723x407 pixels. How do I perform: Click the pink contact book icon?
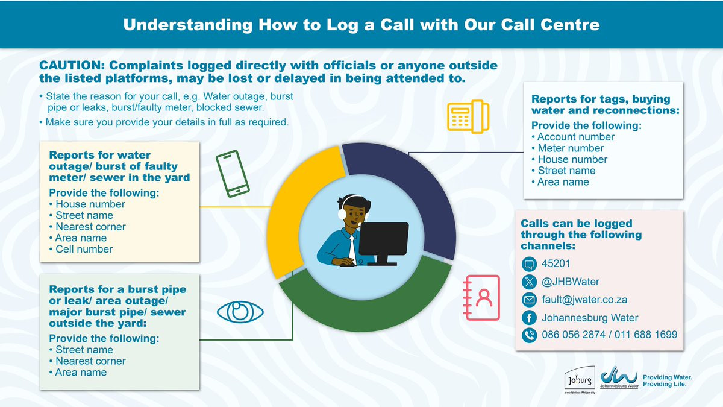point(481,298)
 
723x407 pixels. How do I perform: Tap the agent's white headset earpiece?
point(342,214)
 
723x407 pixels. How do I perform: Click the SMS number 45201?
point(556,263)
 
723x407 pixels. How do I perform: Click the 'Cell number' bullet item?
point(84,249)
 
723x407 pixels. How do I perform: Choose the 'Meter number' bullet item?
point(571,148)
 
